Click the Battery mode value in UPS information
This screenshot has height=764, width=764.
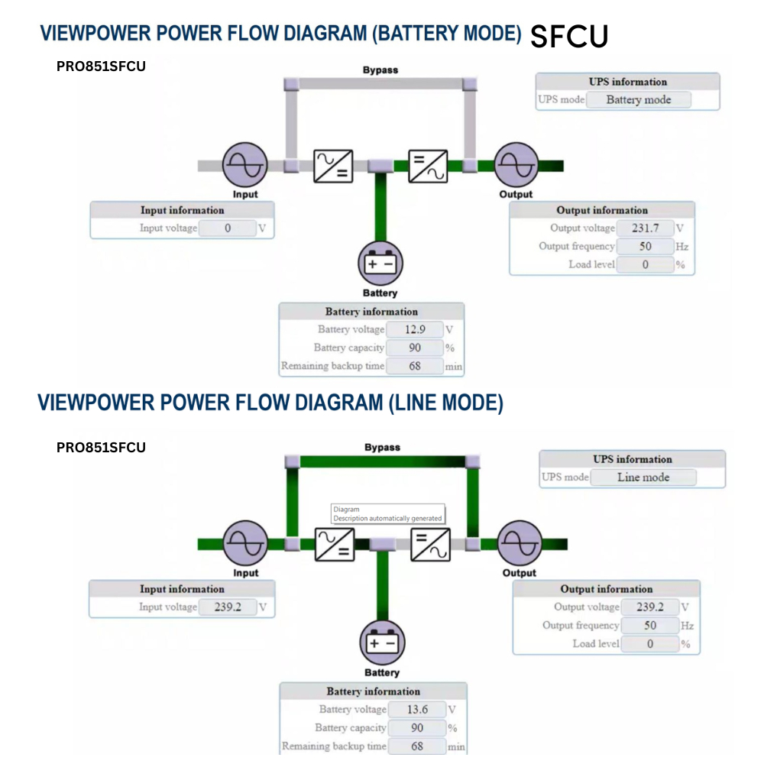coord(638,99)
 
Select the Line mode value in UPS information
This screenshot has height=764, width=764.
coord(643,477)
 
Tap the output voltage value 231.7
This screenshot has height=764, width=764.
coord(646,228)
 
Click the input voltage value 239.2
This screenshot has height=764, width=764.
coord(228,607)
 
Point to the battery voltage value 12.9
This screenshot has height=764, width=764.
coord(415,329)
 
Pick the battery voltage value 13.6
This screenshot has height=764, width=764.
coord(417,709)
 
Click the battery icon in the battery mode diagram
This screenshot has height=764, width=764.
coord(380,264)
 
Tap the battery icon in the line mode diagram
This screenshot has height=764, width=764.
coord(382,643)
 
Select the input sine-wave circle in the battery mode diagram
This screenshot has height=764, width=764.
coord(244,165)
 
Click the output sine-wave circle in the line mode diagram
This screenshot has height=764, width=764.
coord(520,544)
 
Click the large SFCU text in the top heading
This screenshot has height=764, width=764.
coord(569,36)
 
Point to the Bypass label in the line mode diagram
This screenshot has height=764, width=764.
coord(382,447)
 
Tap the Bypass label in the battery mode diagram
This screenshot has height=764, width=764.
coord(380,70)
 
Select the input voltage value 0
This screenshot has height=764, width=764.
coord(228,228)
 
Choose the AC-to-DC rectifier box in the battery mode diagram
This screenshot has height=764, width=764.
coord(333,166)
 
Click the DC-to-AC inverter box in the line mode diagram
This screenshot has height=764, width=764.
coord(430,545)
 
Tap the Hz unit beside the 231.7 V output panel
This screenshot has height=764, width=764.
coord(681,247)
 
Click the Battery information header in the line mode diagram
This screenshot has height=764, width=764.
coord(373,691)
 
